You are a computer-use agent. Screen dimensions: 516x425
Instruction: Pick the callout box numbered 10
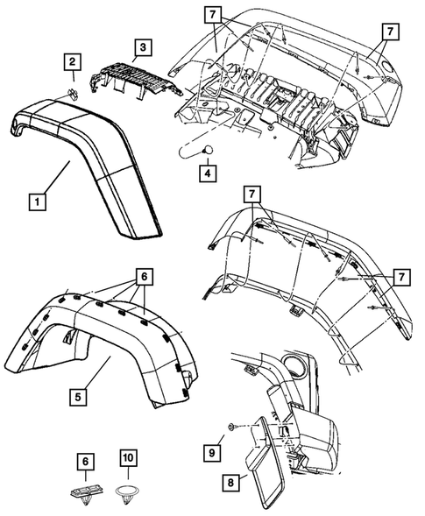pyautogui.click(x=127, y=457)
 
